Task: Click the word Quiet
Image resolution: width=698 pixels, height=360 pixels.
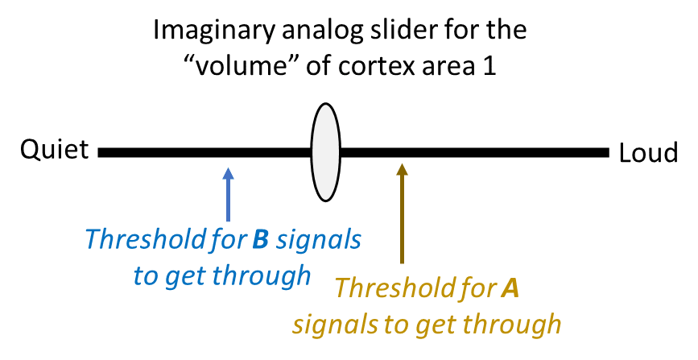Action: pos(54,150)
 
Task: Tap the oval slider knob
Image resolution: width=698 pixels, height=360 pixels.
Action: pos(324,151)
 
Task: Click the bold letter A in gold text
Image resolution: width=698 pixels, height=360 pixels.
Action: pos(510,288)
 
